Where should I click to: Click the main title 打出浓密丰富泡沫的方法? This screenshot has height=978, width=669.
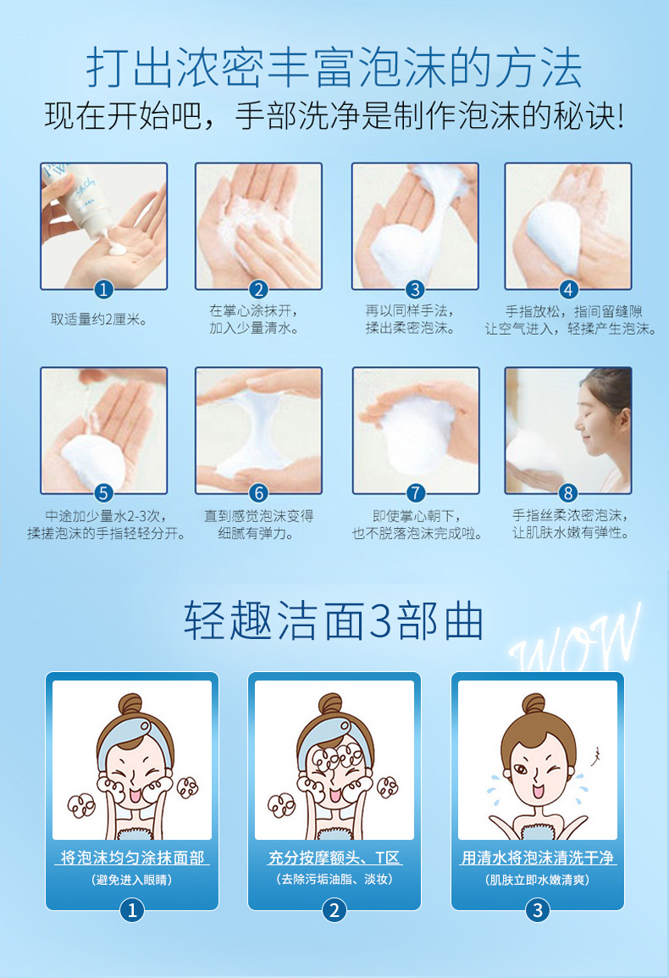click(334, 67)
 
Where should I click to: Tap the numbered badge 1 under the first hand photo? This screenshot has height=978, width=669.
click(103, 289)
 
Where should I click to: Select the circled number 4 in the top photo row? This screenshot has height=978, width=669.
click(568, 289)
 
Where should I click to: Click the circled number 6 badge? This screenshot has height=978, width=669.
click(259, 493)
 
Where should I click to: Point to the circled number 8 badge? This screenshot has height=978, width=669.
click(568, 493)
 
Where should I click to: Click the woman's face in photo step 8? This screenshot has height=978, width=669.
click(592, 412)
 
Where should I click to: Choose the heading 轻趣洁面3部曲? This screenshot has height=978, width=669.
click(334, 621)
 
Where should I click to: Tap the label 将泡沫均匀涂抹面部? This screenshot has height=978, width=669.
click(132, 859)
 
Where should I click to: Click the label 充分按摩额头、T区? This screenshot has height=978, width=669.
click(334, 859)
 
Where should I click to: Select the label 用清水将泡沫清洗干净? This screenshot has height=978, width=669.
click(538, 859)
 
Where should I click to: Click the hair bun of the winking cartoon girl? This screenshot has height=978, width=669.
click(534, 703)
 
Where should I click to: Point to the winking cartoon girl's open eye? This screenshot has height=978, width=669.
click(520, 770)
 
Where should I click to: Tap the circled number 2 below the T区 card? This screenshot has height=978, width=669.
click(334, 910)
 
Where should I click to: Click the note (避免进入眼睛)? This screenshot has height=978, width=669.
click(132, 880)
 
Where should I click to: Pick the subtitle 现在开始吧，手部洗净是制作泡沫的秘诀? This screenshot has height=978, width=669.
click(334, 116)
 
